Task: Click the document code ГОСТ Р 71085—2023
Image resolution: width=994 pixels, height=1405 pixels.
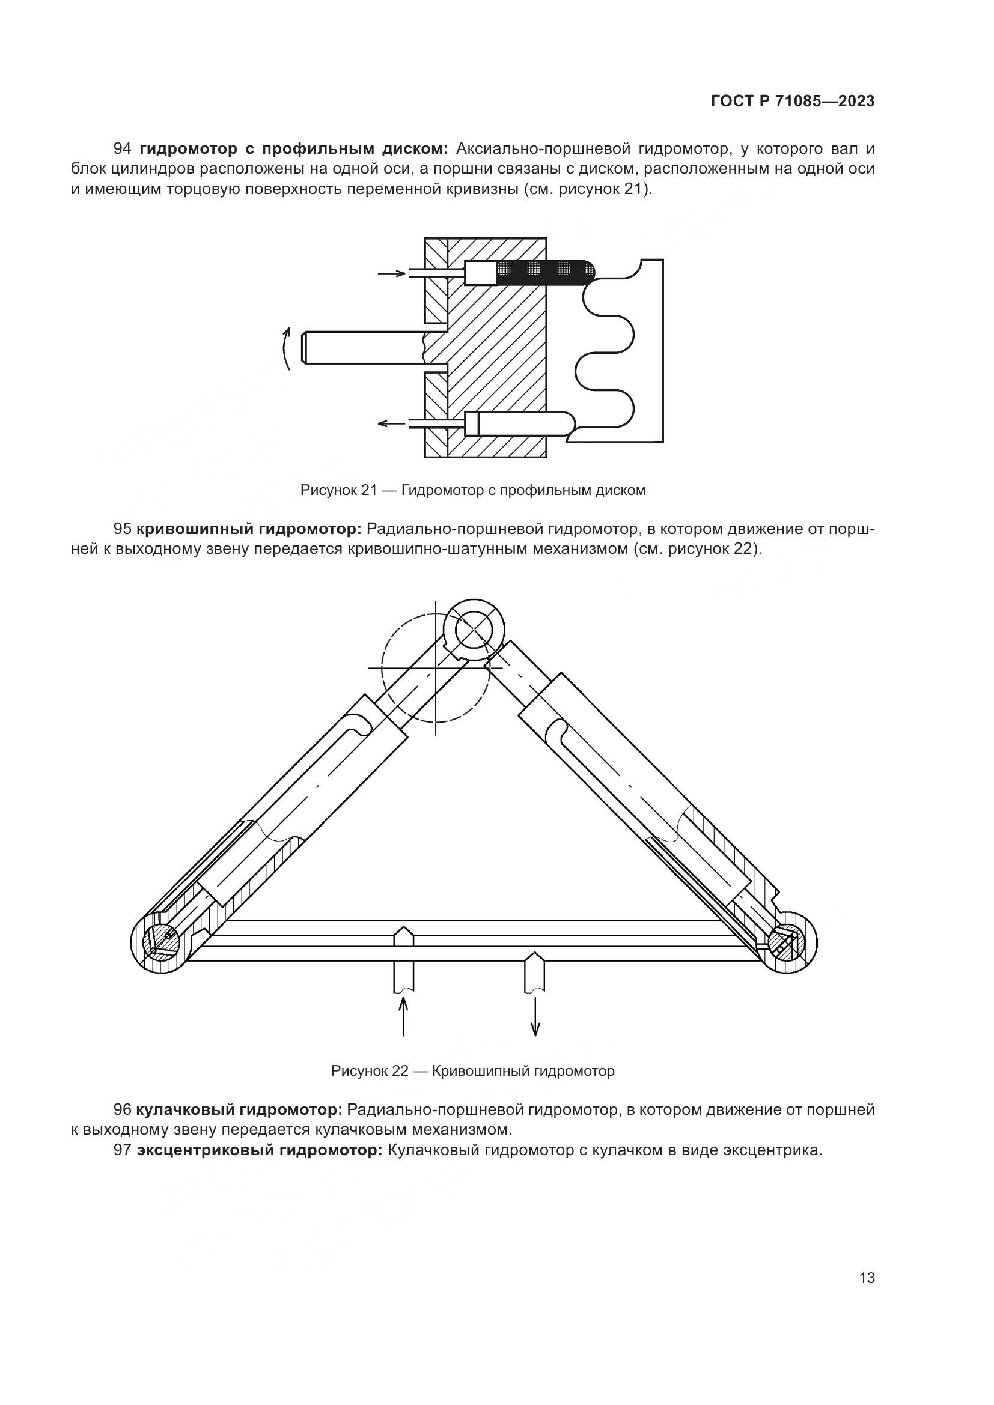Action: point(793,102)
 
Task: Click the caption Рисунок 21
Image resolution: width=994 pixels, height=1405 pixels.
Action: point(472,490)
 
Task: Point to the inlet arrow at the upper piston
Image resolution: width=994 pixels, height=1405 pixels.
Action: point(391,273)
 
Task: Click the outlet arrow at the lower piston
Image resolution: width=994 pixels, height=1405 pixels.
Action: point(391,423)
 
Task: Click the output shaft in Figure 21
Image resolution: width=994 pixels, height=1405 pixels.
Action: point(364,348)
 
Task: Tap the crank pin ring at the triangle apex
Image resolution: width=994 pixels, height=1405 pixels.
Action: point(474,630)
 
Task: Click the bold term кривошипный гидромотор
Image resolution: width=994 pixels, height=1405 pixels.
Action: point(249,528)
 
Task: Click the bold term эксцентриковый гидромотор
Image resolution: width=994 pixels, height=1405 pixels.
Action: point(260,1150)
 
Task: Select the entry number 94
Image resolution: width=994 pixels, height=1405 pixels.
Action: point(123,149)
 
